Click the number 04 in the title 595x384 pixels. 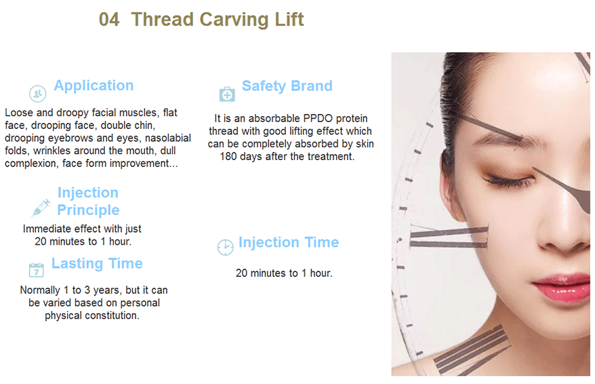[x=109, y=20]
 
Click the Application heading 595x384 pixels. [x=94, y=86]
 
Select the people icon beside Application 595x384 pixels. [x=37, y=94]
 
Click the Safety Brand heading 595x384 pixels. [x=287, y=86]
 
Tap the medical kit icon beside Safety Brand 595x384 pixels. [x=227, y=94]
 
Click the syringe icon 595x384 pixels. [x=41, y=208]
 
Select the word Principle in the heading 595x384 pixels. [x=88, y=210]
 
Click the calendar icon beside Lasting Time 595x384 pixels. [x=37, y=269]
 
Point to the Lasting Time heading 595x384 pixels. [x=97, y=263]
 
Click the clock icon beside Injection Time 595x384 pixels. [x=226, y=247]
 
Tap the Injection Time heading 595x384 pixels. [x=289, y=242]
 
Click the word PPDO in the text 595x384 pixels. [x=318, y=119]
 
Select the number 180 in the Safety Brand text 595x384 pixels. [x=228, y=157]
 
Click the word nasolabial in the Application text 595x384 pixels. [x=167, y=138]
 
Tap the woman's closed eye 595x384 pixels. [x=508, y=179]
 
